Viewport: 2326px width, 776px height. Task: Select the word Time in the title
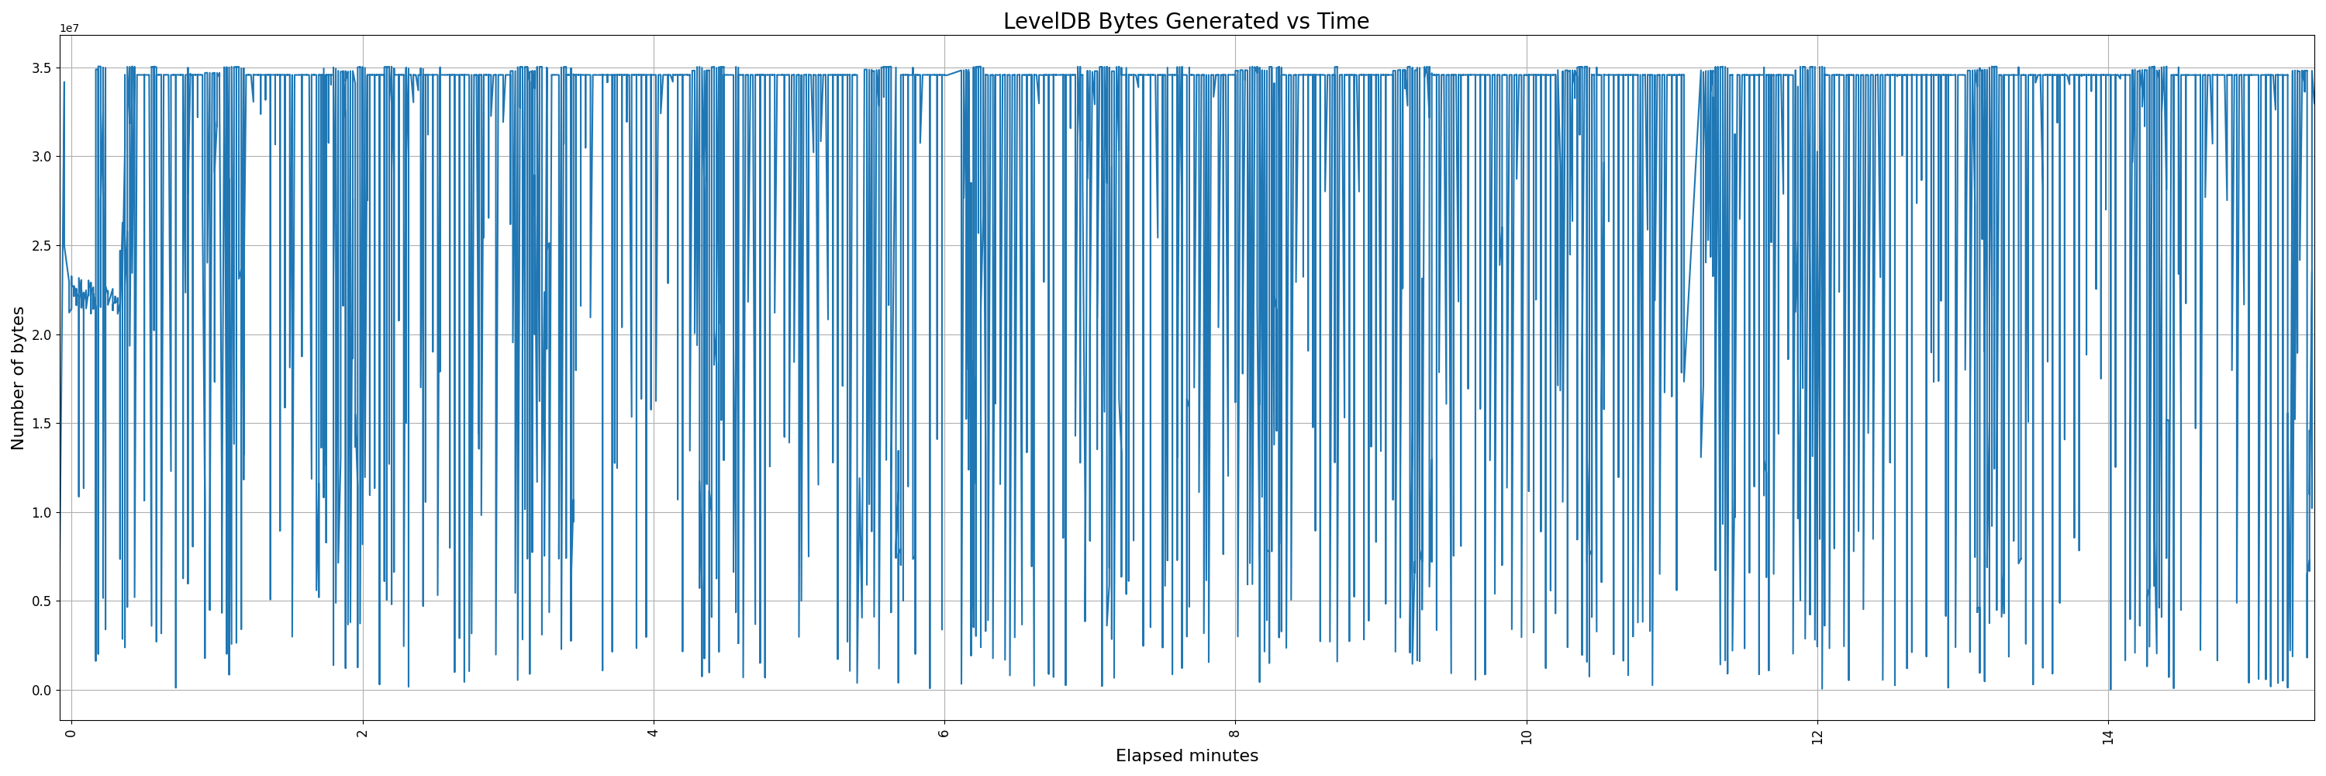point(1343,22)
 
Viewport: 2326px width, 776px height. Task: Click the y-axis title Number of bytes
point(18,378)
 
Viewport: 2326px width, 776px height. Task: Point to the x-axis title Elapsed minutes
point(1186,756)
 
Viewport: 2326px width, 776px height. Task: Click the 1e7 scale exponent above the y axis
point(70,29)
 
